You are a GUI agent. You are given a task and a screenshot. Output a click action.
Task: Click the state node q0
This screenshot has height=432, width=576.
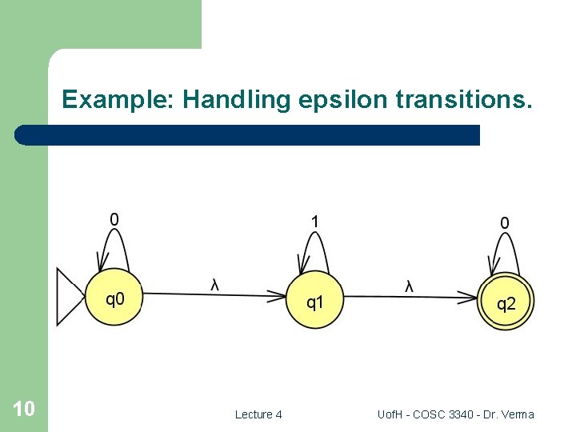coord(115,299)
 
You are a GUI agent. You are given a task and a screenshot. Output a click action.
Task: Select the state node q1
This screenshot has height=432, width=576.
coord(314,302)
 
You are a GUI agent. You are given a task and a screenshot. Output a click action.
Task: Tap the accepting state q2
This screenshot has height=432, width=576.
coord(506,303)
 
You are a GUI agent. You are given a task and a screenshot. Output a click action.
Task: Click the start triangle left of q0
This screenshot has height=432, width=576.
coord(69,297)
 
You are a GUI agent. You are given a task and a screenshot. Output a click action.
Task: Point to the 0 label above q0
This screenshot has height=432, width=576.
coord(114,218)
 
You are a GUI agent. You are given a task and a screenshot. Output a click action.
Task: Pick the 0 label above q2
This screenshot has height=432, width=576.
coord(504,223)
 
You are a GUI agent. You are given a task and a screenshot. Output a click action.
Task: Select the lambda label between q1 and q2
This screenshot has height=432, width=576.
coord(409,286)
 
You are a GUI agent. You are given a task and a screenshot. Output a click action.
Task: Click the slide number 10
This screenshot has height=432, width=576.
coord(24,410)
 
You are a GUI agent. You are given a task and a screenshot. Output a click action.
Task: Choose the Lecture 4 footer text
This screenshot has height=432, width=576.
coord(258,414)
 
